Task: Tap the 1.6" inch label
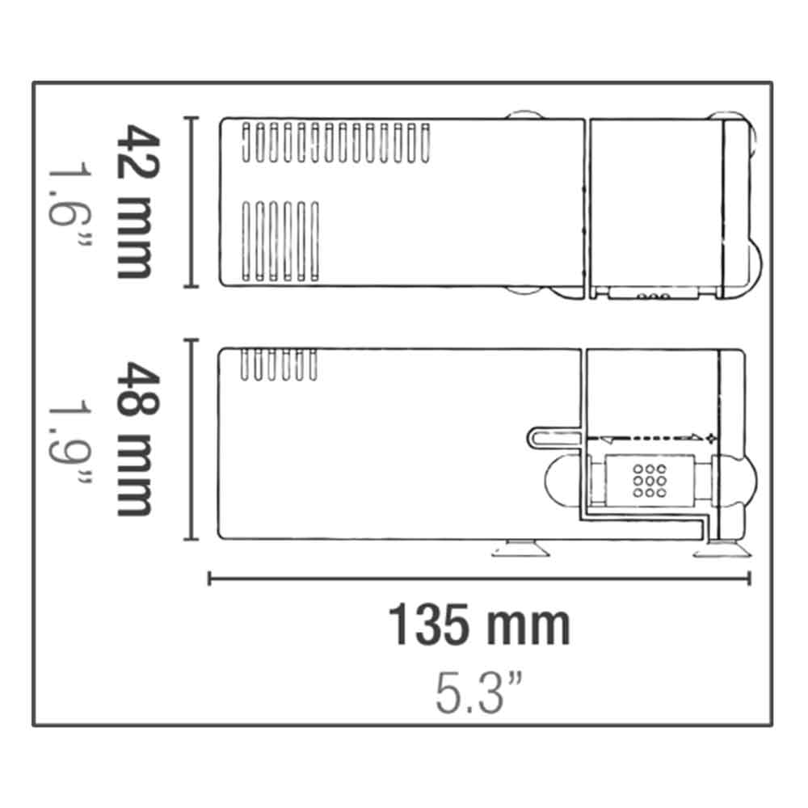(70, 208)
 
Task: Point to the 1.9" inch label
(70, 443)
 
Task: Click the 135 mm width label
(479, 625)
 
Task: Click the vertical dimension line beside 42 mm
(191, 202)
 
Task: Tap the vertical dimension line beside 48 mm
(191, 439)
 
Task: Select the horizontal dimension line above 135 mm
(479, 579)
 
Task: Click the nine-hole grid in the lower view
(650, 481)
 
